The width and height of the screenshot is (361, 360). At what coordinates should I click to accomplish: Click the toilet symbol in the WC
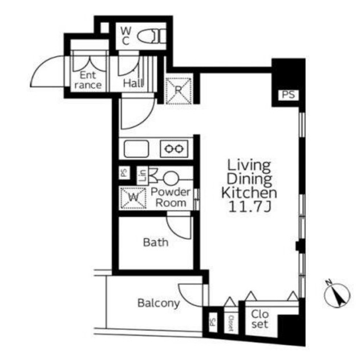click(152, 36)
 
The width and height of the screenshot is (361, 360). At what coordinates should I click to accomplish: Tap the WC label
click(125, 36)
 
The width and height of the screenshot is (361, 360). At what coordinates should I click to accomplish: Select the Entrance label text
click(88, 80)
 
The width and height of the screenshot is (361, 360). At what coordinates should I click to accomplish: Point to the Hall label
click(133, 83)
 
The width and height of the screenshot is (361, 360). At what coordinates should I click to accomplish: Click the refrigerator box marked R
click(179, 91)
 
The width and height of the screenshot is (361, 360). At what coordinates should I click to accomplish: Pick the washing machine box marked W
click(133, 198)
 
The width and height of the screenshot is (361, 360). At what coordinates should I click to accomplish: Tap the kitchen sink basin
click(136, 149)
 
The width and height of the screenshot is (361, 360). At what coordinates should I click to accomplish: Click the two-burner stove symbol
click(174, 149)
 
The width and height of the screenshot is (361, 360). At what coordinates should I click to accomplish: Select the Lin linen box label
click(143, 176)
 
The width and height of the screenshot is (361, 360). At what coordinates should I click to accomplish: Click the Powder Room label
click(171, 197)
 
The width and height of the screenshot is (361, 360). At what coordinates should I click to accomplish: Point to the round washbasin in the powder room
click(171, 179)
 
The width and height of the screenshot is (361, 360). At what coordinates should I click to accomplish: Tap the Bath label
click(156, 242)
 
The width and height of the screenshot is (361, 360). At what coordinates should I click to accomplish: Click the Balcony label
click(159, 303)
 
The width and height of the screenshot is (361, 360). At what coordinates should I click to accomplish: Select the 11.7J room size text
click(249, 207)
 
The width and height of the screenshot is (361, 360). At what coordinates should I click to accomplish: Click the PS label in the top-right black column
click(289, 95)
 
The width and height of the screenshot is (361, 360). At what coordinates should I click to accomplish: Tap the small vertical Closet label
click(231, 323)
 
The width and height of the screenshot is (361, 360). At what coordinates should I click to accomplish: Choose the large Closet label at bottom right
click(260, 319)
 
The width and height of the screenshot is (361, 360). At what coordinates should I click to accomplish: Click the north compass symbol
click(337, 295)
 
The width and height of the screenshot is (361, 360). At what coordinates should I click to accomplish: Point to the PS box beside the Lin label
click(124, 172)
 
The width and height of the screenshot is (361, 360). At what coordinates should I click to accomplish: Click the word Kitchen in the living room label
click(249, 193)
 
